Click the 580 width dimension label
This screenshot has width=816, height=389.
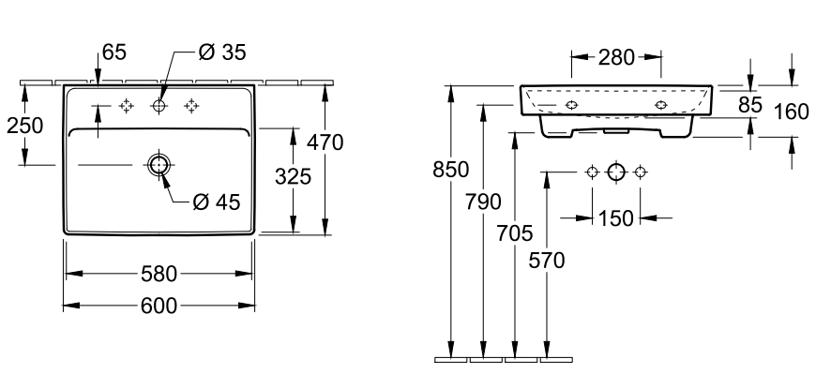(159, 275)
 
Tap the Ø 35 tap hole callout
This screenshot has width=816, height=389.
(221, 53)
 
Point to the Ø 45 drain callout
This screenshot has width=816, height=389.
(215, 201)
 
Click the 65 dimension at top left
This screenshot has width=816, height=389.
(113, 53)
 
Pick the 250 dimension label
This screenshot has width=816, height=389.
(25, 125)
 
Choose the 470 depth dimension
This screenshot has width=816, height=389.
(325, 142)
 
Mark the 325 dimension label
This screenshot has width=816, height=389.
(293, 176)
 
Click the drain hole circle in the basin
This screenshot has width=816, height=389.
(159, 165)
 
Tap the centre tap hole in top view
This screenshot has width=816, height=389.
(159, 105)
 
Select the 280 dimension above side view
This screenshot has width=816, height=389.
(615, 58)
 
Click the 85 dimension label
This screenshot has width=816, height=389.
(749, 105)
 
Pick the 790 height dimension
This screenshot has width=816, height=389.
(484, 201)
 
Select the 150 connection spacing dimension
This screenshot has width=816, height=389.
(615, 218)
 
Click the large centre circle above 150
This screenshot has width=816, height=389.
(615, 172)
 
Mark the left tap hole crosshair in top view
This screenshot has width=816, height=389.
(127, 105)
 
